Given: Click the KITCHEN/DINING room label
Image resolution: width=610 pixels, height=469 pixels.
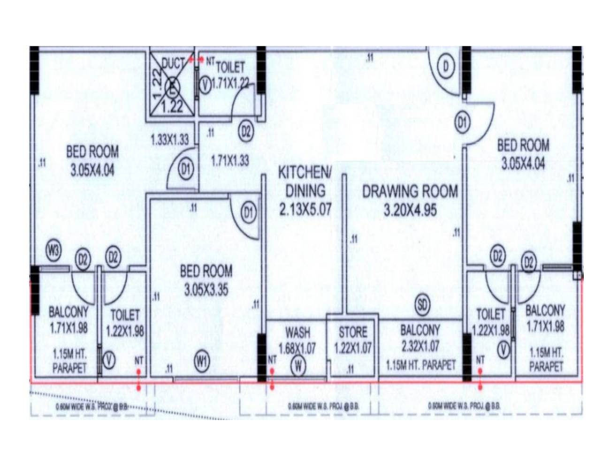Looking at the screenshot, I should (305, 181).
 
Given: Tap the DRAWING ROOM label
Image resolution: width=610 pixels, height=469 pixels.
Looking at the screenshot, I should (410, 191).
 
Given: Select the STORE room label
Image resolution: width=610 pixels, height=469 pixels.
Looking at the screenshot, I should (353, 333).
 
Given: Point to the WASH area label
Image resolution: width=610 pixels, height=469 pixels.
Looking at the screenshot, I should (297, 333).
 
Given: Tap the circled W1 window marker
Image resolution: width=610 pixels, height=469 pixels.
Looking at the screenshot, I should (202, 362).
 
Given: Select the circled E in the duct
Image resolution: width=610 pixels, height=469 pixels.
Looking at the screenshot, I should (173, 87).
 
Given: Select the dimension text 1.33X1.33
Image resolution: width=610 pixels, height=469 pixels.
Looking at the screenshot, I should (170, 139).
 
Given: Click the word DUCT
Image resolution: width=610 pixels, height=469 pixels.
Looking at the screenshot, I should (174, 63).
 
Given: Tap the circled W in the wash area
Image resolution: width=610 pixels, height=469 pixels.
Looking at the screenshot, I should (298, 366).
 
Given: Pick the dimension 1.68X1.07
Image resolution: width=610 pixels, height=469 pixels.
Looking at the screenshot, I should (297, 348).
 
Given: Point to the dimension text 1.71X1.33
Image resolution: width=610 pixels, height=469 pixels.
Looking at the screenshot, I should (230, 161).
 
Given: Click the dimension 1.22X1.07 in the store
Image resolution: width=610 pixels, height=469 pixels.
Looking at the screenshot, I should (353, 348).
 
